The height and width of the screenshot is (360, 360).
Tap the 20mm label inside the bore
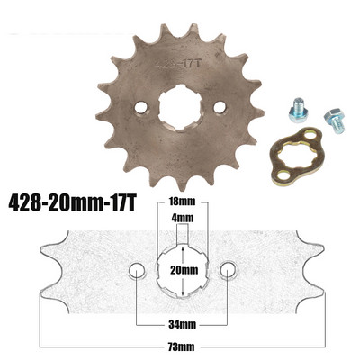coord(183,269)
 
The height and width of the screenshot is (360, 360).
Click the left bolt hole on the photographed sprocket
coord(141,107)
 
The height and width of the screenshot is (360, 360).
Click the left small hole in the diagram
coord(137,270)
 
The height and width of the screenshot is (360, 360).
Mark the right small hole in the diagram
coord(228,270)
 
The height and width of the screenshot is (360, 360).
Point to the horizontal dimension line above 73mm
coord(183,334)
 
